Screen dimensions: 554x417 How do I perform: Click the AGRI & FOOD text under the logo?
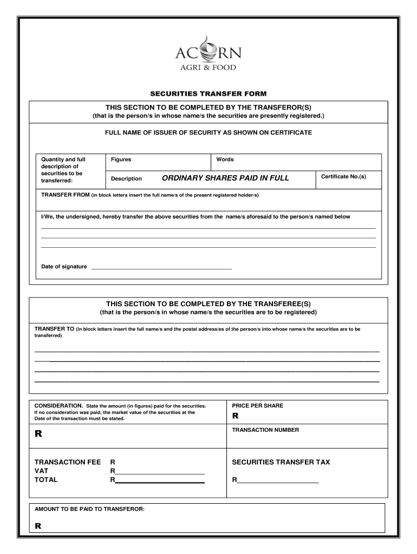click(208, 68)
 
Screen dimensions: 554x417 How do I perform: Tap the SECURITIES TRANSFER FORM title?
click(208, 94)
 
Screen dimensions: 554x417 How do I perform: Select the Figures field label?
click(121, 160)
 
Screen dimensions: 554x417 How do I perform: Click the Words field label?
click(225, 160)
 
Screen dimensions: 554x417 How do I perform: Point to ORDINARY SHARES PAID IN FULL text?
click(225, 178)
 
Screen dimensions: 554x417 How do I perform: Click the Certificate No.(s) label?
click(343, 177)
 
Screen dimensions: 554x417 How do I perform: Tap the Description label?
click(126, 179)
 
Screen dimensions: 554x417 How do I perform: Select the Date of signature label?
click(64, 267)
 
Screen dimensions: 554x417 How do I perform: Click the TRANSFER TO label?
click(54, 329)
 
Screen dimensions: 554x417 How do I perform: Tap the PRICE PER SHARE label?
click(257, 406)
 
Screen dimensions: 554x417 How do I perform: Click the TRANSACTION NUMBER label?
click(265, 430)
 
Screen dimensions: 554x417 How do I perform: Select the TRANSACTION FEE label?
click(68, 463)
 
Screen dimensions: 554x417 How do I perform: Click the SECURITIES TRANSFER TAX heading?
click(281, 463)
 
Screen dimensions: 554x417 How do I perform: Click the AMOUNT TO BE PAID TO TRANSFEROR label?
click(89, 509)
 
